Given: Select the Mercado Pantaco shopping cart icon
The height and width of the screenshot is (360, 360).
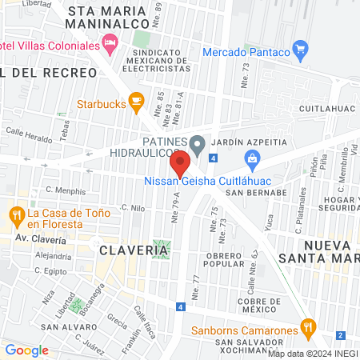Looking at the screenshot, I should tap(300, 51).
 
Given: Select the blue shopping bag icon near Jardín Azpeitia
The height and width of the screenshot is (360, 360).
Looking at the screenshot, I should tap(253, 158).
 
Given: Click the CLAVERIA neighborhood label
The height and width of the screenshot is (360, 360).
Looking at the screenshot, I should tap(134, 250).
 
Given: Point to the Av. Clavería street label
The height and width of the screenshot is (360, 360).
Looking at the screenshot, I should tap(45, 238).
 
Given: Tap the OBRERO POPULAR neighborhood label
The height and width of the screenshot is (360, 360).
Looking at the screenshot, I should tap(223, 258).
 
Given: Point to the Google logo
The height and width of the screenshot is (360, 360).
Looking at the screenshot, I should tap(26, 350).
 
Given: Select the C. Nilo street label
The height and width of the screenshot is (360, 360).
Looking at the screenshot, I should tap(133, 207).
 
